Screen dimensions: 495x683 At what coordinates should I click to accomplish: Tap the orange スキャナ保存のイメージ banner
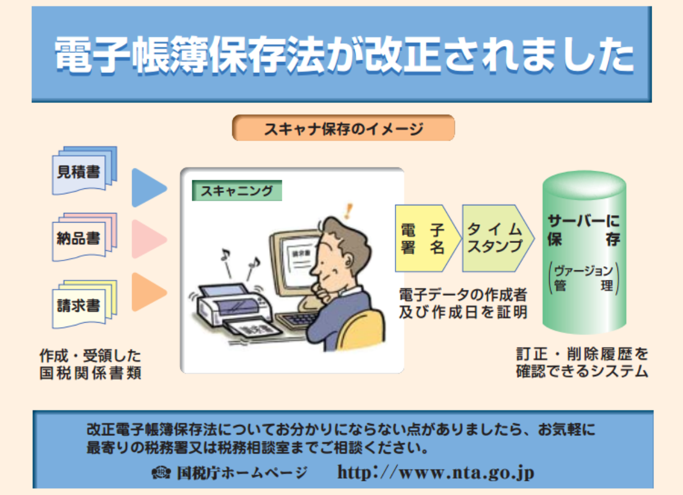343,129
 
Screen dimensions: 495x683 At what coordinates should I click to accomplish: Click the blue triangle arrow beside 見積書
147,187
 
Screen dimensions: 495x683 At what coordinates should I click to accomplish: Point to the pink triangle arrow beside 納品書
147,239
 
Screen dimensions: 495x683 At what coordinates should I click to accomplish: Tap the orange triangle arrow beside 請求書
147,292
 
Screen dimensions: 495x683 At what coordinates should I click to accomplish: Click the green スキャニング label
237,191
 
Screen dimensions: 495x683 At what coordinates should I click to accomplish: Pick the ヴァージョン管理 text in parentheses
583,277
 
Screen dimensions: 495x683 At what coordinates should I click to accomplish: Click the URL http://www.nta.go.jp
435,472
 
